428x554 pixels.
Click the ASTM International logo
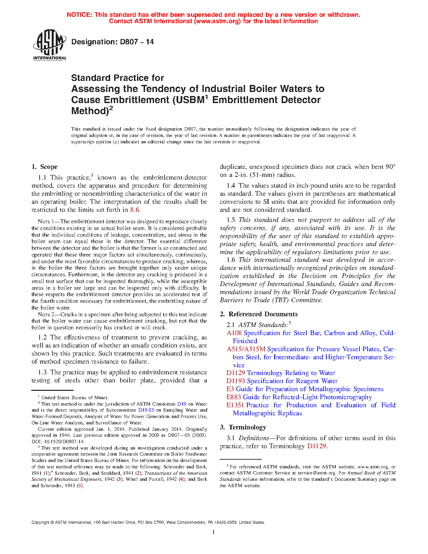point(49,45)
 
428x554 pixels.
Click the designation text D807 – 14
point(112,42)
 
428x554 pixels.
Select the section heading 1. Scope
point(44,167)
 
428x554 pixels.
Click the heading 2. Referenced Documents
point(258,314)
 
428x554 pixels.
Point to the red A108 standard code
point(234,333)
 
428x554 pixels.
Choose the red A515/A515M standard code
point(246,349)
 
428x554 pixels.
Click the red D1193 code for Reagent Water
point(236,381)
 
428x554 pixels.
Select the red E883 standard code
point(234,397)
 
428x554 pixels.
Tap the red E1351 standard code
point(235,405)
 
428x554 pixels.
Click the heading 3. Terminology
point(243,427)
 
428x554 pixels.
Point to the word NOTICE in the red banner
point(79,15)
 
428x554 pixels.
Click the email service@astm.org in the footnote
point(317,473)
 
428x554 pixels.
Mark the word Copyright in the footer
point(40,522)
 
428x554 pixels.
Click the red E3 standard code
point(230,389)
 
